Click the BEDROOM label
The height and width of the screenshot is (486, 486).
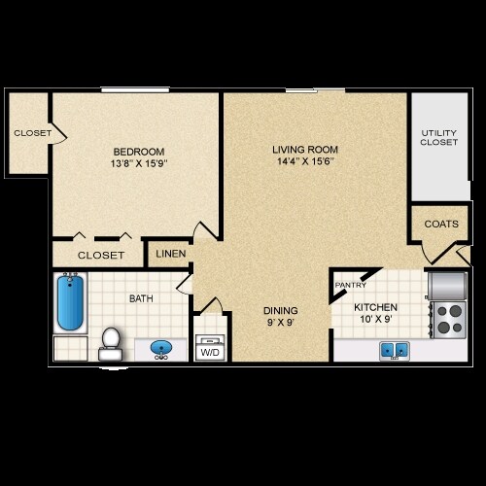click(138, 152)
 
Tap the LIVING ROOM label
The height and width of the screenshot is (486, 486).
click(304, 149)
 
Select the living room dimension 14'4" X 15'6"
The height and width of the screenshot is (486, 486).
click(304, 163)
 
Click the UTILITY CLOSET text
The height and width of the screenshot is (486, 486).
click(438, 137)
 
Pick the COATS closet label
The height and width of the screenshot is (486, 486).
click(440, 224)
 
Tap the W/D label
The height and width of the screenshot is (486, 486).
click(210, 353)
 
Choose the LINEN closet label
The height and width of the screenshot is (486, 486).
click(171, 255)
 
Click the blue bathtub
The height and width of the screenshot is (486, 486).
click(70, 303)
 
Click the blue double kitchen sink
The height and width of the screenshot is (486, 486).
click(393, 349)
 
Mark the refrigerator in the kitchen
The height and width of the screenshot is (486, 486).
click(447, 285)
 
